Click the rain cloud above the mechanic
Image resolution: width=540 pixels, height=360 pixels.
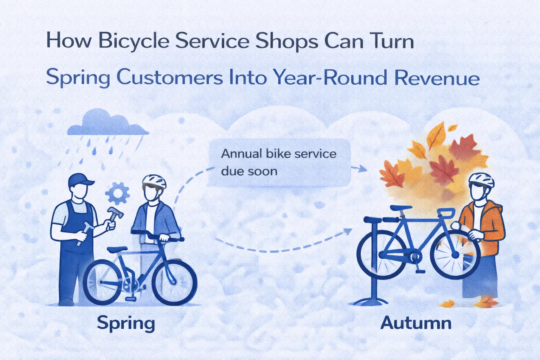[x=107, y=123]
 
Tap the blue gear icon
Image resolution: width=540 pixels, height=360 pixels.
[x=117, y=193]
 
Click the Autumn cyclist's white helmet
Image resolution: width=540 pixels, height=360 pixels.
[x=481, y=180]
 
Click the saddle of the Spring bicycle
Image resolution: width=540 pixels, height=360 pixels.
[x=117, y=249]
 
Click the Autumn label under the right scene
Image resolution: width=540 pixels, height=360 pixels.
[x=416, y=323]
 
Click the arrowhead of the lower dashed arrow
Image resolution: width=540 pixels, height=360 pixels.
[x=348, y=231]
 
